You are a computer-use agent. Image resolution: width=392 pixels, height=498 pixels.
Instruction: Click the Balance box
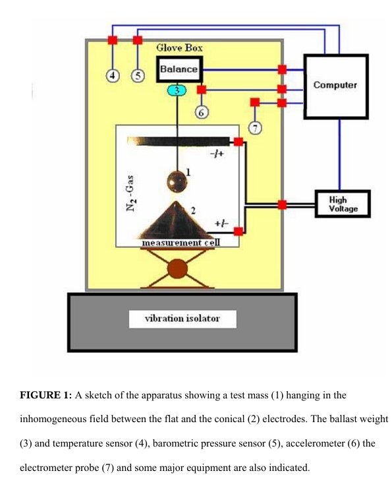pyautogui.click(x=179, y=69)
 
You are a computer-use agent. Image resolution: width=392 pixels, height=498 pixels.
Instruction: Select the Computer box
pyautogui.click(x=336, y=86)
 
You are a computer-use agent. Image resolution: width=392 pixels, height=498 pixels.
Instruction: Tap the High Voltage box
pyautogui.click(x=343, y=204)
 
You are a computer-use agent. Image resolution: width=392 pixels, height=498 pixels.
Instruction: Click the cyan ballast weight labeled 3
pyautogui.click(x=177, y=90)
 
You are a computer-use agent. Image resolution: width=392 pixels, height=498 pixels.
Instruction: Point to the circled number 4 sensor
pyautogui.click(x=113, y=77)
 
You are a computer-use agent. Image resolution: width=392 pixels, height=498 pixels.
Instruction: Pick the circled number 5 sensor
pyautogui.click(x=138, y=77)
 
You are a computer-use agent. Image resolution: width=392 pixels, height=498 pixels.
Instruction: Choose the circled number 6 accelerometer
pyautogui.click(x=202, y=112)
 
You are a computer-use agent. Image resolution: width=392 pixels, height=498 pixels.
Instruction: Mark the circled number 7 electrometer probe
pyautogui.click(x=255, y=128)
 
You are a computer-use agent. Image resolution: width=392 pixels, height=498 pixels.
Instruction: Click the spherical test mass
pyautogui.click(x=177, y=181)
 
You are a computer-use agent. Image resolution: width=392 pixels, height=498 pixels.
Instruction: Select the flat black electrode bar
pyautogui.click(x=179, y=141)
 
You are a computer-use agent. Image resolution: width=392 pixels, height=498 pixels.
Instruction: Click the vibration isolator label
pyautogui.click(x=182, y=319)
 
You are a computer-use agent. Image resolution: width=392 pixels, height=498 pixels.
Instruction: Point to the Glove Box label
pyautogui.click(x=179, y=47)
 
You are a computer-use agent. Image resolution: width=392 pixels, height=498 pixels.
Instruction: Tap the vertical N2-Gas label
pyautogui.click(x=130, y=193)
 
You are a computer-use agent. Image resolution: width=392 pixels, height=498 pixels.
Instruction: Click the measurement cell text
pyautogui.click(x=181, y=243)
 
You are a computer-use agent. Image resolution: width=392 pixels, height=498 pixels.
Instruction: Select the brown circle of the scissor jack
pyautogui.click(x=177, y=268)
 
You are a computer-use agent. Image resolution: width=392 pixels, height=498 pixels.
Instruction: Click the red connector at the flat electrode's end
pyautogui.click(x=238, y=142)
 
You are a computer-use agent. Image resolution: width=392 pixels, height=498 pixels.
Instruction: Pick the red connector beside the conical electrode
pyautogui.click(x=238, y=232)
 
